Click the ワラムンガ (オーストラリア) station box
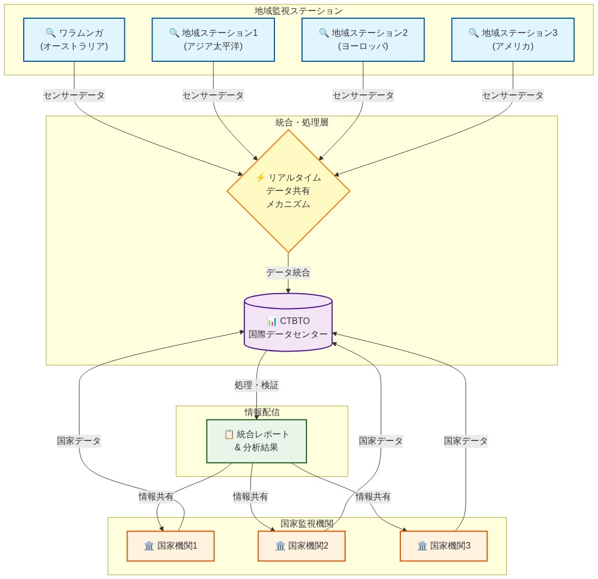point(74,40)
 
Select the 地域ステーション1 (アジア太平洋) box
point(213,40)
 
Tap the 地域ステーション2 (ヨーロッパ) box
point(363,40)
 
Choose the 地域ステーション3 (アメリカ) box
point(512,40)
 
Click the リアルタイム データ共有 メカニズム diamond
point(288,191)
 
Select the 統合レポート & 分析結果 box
point(256,441)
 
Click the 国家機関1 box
point(171,546)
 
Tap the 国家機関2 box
point(301,546)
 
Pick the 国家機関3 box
point(443,546)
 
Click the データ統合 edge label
point(288,273)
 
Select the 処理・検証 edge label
point(256,385)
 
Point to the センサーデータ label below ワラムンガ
point(74,95)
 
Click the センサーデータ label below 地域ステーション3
point(512,95)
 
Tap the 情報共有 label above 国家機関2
point(251,497)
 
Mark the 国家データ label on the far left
point(79,441)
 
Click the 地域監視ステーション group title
point(299,10)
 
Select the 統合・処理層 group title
point(301,122)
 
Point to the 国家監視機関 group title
point(306,523)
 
